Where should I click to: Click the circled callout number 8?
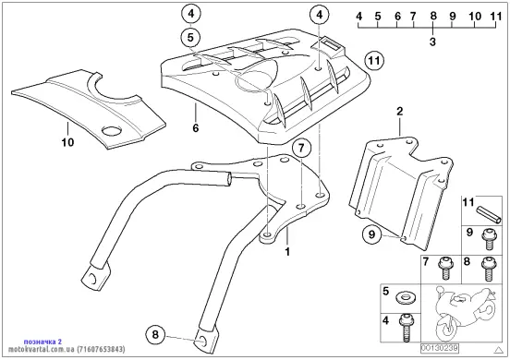155,334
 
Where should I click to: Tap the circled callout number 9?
372,234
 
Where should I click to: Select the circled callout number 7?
301,149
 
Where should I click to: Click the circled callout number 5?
190,38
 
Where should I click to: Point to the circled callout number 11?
374,61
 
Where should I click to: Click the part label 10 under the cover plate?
67,142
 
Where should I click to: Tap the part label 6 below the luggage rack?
196,128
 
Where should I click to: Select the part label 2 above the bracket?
400,112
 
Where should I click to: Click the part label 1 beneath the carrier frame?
287,251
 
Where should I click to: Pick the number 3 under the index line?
432,42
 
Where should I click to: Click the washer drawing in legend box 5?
405,297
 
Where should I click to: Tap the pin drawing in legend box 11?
489,215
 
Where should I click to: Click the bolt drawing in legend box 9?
489,240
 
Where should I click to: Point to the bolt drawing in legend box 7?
445,269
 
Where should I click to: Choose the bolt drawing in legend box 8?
487,269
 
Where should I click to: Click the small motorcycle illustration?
465,313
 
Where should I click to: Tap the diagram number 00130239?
440,348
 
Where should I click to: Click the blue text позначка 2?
42,342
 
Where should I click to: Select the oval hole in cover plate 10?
112,130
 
